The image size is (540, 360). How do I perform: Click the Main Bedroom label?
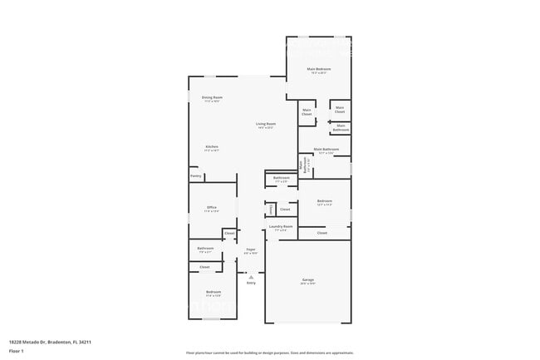coord(318,68)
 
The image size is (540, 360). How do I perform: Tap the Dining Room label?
coord(212,97)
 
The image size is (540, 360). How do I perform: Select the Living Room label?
coord(266,124)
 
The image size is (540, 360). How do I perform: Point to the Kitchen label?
coord(212,146)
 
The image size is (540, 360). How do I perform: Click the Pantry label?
coord(196,176)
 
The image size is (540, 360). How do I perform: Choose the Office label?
coord(212,207)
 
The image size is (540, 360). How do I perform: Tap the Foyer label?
coord(250,249)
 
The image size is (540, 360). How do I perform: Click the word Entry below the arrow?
coord(251,283)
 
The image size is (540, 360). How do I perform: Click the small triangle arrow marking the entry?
coord(251,275)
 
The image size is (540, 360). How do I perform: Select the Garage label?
coord(307,282)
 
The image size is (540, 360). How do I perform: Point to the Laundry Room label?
coord(282,226)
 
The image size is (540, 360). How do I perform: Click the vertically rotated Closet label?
coord(270,209)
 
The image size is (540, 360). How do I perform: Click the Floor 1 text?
coord(16,350)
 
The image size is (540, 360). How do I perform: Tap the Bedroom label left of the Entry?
coord(214,292)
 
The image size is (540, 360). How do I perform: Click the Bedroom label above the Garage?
coord(324,200)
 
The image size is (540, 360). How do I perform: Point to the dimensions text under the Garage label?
coord(307,286)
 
